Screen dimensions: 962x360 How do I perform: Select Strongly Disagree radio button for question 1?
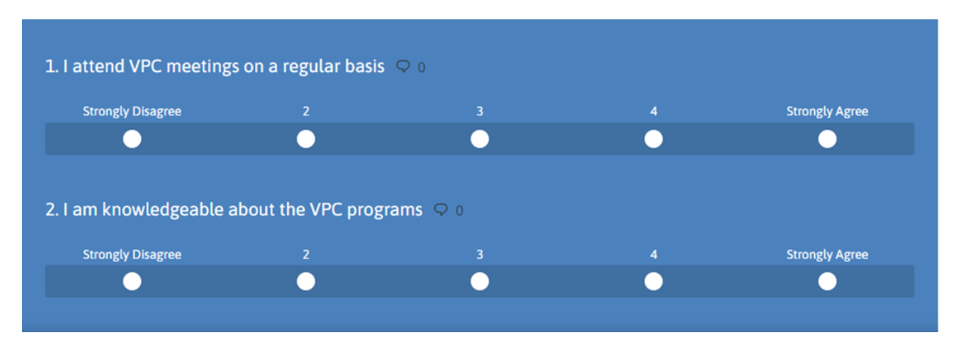point(132,139)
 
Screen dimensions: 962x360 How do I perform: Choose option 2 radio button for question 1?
point(305,139)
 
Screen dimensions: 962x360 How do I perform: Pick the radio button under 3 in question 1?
point(480,139)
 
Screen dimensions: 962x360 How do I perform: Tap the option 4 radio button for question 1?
point(654,139)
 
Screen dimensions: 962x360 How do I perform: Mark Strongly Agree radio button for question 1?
point(827,139)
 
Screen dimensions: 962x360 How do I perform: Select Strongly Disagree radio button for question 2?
point(132,282)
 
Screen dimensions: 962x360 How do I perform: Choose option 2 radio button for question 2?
point(305,282)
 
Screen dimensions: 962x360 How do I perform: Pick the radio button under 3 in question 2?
point(480,282)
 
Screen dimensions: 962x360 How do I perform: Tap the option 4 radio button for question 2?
point(654,282)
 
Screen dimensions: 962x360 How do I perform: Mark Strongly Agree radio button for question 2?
point(827,282)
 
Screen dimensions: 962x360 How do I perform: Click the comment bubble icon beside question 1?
point(403,67)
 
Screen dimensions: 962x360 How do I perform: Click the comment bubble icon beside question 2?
point(441,209)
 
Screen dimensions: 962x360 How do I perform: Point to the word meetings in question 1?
point(203,67)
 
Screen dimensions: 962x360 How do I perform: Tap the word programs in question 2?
point(385,211)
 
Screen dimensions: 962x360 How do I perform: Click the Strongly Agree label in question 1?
point(827,112)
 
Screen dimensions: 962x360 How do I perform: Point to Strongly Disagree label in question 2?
point(132,255)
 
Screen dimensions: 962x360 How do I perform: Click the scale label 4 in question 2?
point(654,255)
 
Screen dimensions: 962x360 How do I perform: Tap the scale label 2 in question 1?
point(305,112)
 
